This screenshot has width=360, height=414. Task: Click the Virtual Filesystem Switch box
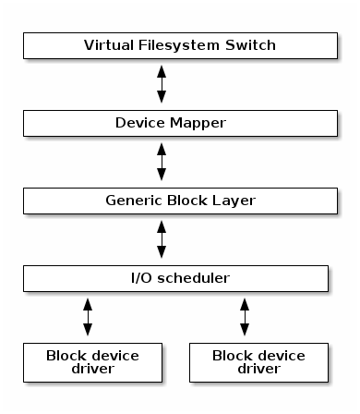tap(175, 44)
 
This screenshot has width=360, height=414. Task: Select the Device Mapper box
tap(175, 122)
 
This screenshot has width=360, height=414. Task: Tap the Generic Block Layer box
tap(175, 200)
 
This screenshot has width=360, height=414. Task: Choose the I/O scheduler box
tap(175, 277)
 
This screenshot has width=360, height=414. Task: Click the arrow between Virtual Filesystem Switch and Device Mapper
tap(162, 83)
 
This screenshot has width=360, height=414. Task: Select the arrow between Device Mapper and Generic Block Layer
tap(162, 161)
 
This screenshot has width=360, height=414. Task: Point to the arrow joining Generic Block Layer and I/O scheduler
tap(162, 238)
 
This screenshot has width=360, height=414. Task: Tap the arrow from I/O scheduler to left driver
tap(88, 316)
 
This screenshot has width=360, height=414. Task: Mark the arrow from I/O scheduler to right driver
tap(245, 316)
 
